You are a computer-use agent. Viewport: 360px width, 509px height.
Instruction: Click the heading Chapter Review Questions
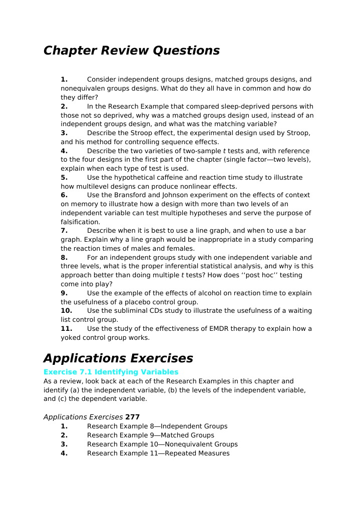[x=131, y=51]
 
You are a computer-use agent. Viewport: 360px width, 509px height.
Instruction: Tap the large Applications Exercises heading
[x=118, y=358]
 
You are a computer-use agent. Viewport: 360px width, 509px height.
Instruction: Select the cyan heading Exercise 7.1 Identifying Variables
[x=111, y=372]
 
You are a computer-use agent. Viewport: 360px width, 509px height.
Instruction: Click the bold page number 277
[x=132, y=417]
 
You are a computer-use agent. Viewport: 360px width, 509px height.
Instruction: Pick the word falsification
[x=81, y=222]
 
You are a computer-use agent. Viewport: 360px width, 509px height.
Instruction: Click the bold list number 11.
[x=66, y=329]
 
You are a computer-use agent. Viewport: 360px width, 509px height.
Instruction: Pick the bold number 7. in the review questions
[x=64, y=231]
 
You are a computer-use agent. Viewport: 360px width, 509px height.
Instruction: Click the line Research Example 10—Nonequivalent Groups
[x=162, y=444]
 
